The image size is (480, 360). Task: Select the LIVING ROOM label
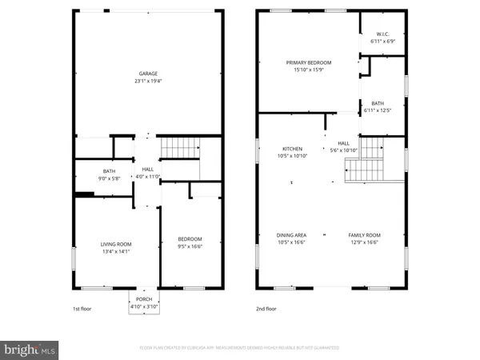[x=116, y=244]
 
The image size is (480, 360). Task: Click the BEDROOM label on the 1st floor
[x=190, y=238]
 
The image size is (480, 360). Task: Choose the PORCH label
[x=144, y=299]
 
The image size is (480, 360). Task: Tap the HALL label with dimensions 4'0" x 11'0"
[x=148, y=170]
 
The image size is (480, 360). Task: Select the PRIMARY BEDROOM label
[x=309, y=62]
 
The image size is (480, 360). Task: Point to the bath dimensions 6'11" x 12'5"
[x=378, y=110]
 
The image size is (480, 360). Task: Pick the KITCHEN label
[x=291, y=149]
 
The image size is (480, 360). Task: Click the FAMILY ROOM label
[x=364, y=235]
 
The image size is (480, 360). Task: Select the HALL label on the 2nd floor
[x=343, y=143]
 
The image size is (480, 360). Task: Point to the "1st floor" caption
[x=83, y=309]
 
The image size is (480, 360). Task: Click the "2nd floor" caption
[x=266, y=309]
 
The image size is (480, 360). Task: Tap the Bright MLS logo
[x=30, y=350]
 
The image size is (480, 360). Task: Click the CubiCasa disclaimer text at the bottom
[x=240, y=348]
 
